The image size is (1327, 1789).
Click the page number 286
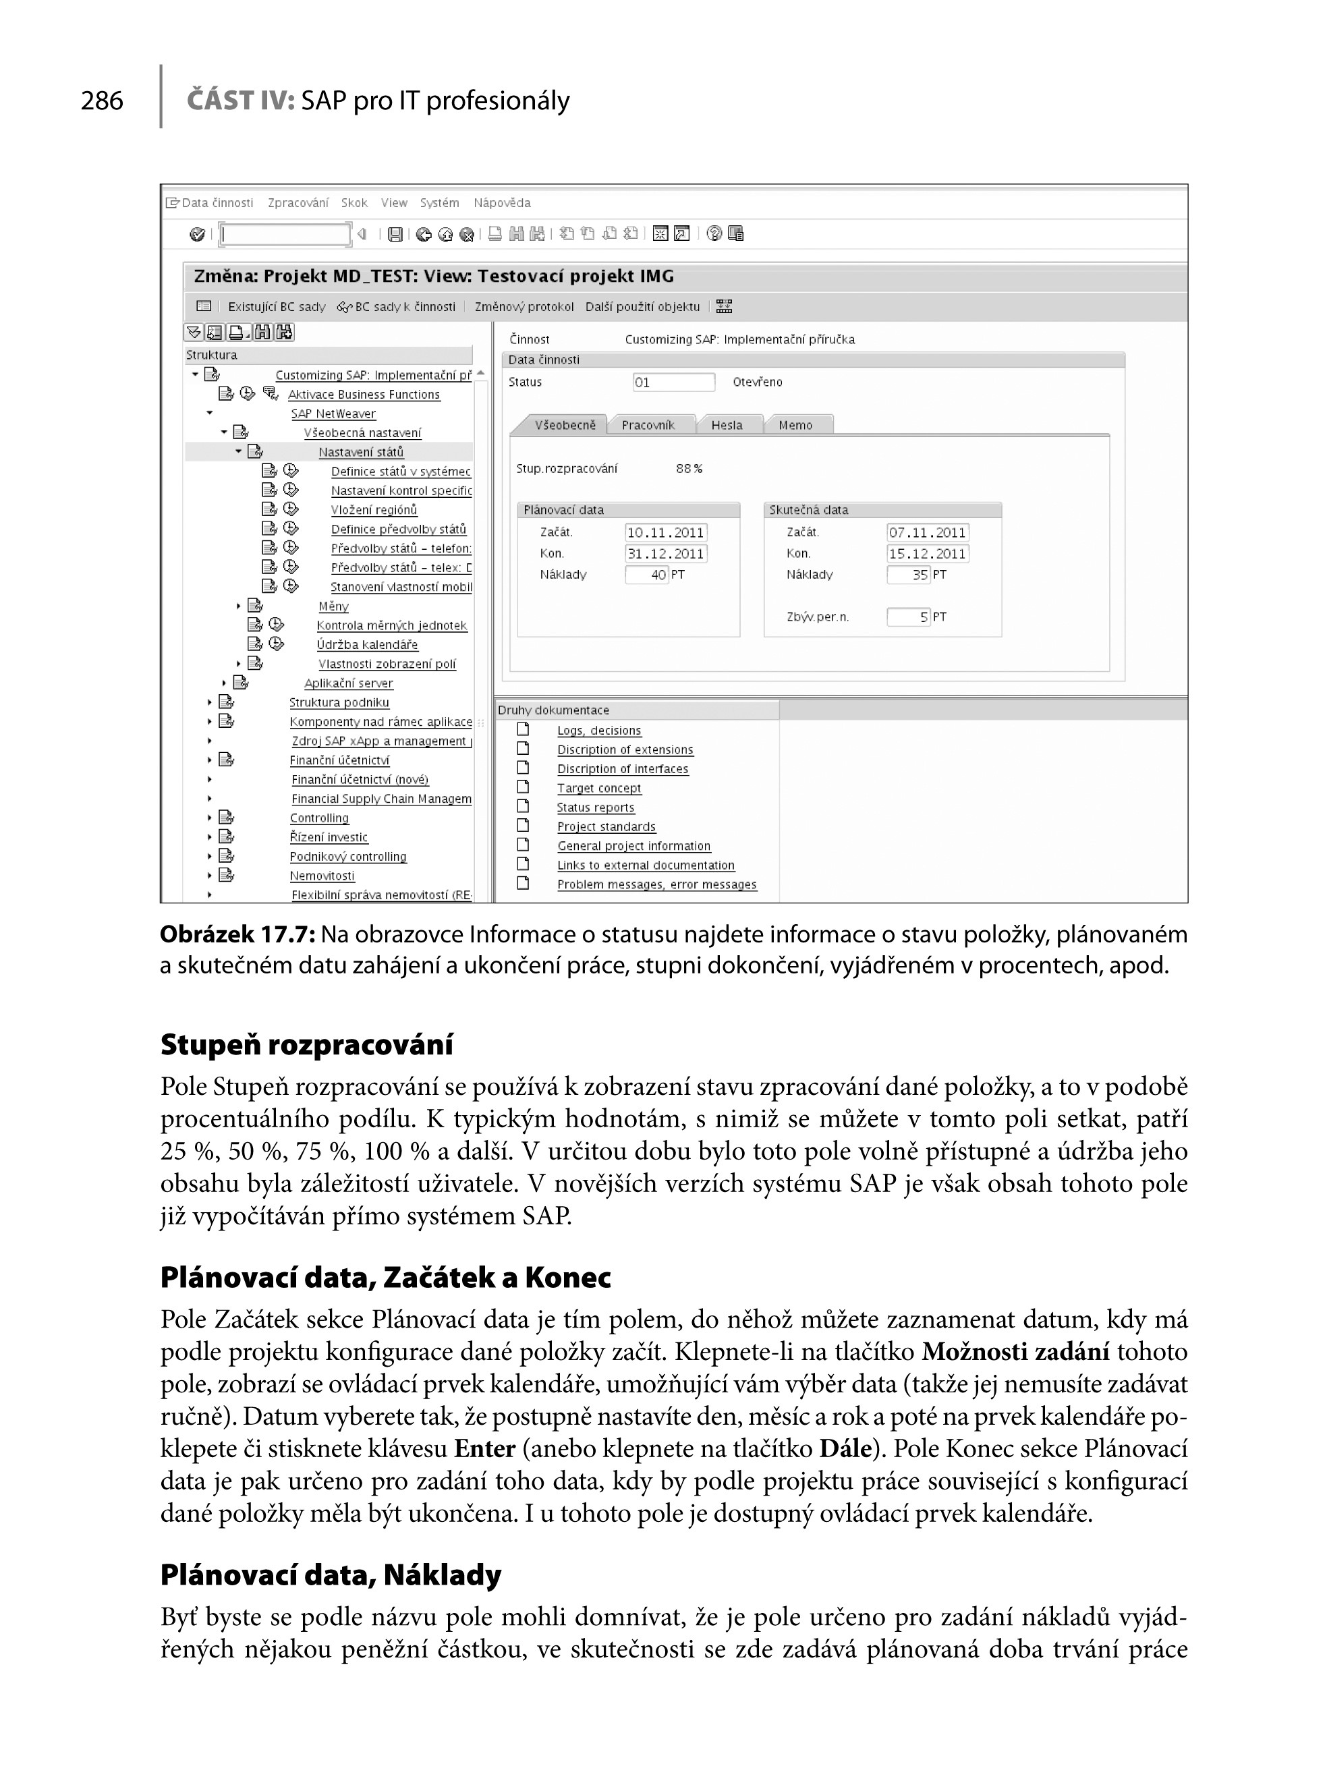tap(102, 101)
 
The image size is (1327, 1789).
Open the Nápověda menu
tap(501, 203)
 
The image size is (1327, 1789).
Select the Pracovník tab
tap(648, 425)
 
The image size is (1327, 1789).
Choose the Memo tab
tap(795, 425)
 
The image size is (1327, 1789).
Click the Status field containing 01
tap(673, 382)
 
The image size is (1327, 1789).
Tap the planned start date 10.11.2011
tap(665, 533)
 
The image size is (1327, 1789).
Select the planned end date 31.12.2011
tap(665, 553)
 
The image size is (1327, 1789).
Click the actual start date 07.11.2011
tap(927, 533)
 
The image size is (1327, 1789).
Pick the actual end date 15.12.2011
tap(927, 553)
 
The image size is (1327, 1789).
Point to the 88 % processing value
tap(688, 468)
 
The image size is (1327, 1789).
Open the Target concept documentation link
tap(598, 788)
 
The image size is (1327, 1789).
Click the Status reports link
tap(595, 807)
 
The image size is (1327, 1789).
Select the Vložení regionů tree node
tap(374, 510)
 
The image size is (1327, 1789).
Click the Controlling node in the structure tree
tap(319, 818)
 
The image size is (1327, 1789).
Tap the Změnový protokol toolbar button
tap(524, 307)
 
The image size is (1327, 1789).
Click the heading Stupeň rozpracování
tap(306, 1044)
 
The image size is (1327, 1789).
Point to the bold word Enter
tap(484, 1448)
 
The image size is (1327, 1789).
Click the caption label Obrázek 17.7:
tap(237, 934)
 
